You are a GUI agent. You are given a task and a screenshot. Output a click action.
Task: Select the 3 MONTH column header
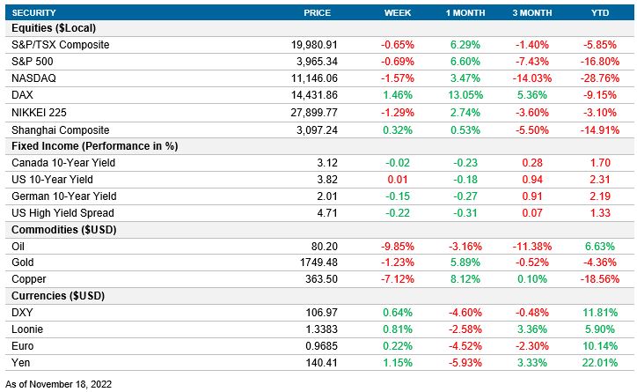(x=532, y=12)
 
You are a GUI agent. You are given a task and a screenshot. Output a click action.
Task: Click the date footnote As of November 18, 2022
(x=59, y=384)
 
